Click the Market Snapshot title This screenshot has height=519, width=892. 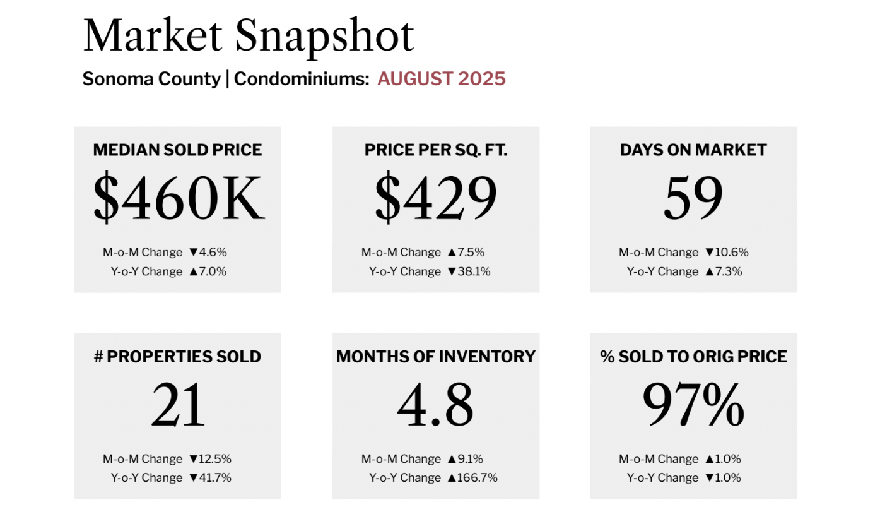tap(248, 35)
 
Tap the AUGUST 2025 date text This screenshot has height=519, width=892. tap(441, 79)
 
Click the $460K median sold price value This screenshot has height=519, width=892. tap(178, 198)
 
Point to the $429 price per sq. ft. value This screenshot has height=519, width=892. tap(436, 198)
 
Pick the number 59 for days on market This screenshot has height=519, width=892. tap(693, 198)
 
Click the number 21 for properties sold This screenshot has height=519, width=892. tap(178, 405)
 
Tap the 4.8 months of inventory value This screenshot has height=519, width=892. tap(435, 405)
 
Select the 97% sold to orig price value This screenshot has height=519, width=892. tap(693, 405)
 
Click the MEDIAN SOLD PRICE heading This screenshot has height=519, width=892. tap(177, 150)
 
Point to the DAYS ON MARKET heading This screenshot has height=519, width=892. tap(693, 150)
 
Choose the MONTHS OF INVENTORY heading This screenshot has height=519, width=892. tap(435, 356)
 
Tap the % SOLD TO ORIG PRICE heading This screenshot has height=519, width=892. tap(693, 356)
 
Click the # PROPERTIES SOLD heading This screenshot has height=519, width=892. tap(177, 356)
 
